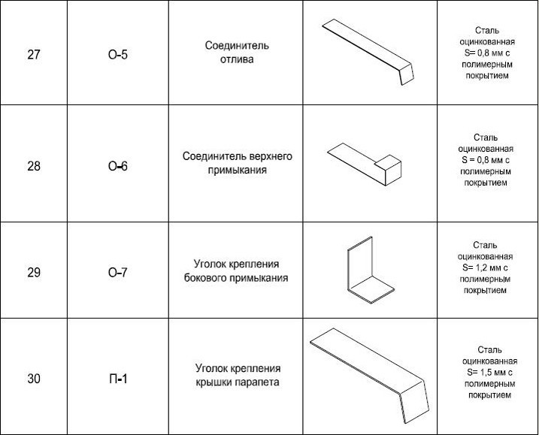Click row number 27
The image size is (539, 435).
(34, 55)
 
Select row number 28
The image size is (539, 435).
(34, 166)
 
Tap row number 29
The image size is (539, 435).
(34, 273)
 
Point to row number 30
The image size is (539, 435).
(34, 379)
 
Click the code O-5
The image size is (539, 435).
(118, 55)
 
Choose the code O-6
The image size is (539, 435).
(118, 166)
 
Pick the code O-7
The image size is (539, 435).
(118, 273)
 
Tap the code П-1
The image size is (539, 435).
(118, 379)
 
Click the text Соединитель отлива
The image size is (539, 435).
(237, 53)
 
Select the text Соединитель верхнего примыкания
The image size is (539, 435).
(238, 163)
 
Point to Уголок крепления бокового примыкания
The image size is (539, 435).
(236, 270)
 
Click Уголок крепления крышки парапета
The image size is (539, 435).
(238, 375)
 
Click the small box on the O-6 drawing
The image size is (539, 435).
(388, 171)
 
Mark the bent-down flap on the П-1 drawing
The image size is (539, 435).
(414, 402)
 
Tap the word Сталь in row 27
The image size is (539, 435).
(487, 30)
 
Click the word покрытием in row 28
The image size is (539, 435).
(486, 183)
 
